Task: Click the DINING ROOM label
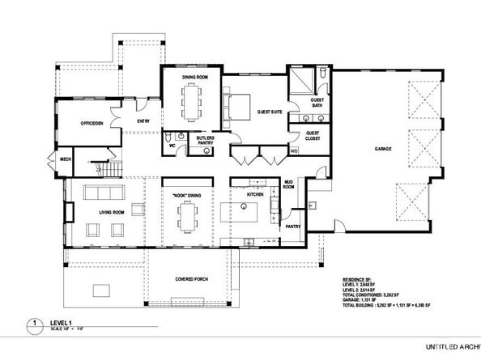[194, 77]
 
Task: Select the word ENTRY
[143, 121]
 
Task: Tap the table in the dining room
[194, 101]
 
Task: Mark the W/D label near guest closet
[294, 150]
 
